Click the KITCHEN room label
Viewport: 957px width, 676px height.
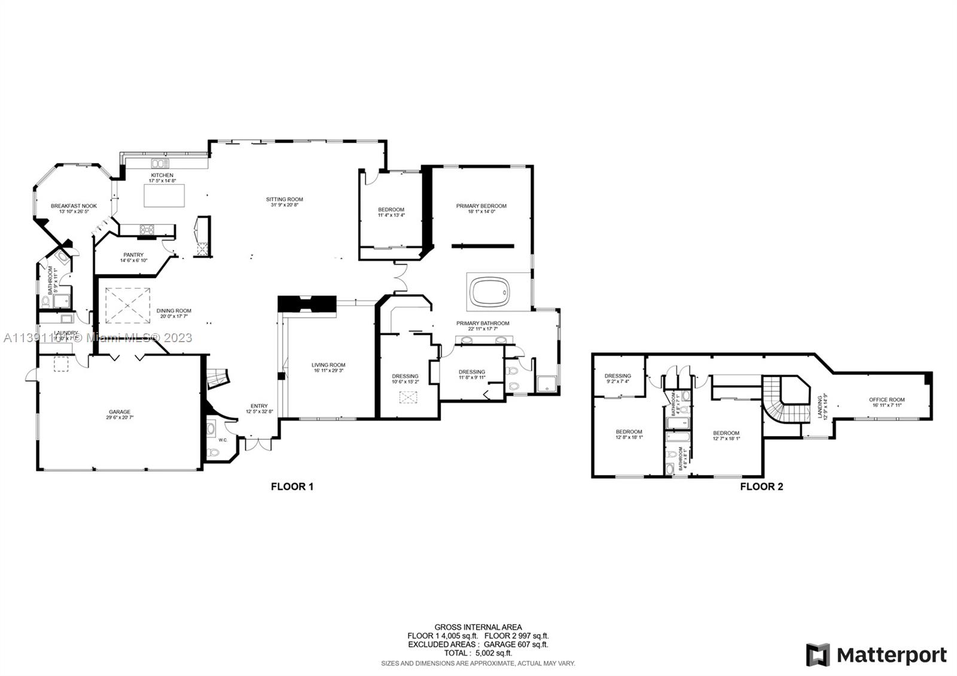[x=162, y=175]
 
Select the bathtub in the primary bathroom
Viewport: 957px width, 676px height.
[x=489, y=293]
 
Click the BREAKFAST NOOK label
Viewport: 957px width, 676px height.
[x=74, y=206]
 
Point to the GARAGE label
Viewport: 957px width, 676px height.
[x=120, y=412]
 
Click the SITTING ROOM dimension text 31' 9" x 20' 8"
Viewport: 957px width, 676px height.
[x=284, y=205]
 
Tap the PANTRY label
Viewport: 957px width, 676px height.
[x=133, y=255]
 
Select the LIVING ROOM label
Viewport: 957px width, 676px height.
[x=328, y=365]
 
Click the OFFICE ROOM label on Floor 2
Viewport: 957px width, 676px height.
[x=886, y=400]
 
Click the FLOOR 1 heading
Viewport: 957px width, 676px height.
[x=292, y=486]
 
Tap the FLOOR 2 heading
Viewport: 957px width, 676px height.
[x=761, y=486]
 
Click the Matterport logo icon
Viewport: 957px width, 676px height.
[x=818, y=655]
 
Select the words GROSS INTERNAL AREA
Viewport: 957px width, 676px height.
[x=478, y=627]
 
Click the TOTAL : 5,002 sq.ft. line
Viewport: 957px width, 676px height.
[x=478, y=653]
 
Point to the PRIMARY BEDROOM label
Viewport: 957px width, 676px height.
[x=481, y=206]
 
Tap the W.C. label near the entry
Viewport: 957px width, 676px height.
[x=223, y=440]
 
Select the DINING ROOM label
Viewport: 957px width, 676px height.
[x=174, y=310]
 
